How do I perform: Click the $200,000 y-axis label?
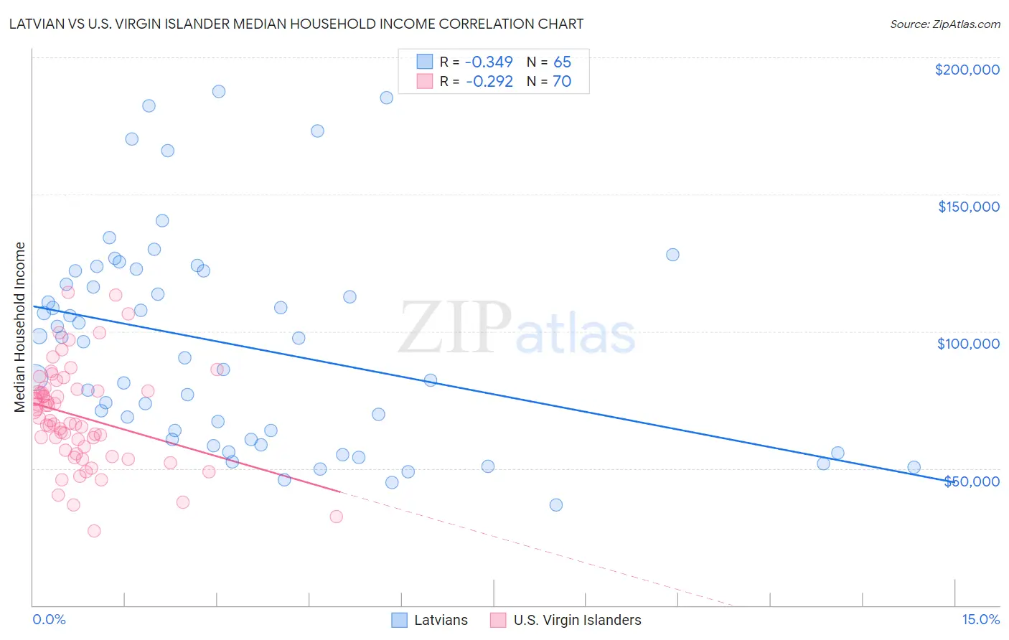pyautogui.click(x=967, y=70)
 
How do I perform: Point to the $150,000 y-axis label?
pyautogui.click(x=968, y=207)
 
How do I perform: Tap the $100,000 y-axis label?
pyautogui.click(x=968, y=344)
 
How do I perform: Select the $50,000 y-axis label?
pyautogui.click(x=971, y=481)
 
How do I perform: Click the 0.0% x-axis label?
pyautogui.click(x=49, y=619)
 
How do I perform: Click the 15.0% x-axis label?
pyautogui.click(x=980, y=619)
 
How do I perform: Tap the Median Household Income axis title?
pyautogui.click(x=20, y=327)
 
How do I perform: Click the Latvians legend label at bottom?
pyautogui.click(x=441, y=620)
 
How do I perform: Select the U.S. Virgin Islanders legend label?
pyautogui.click(x=577, y=620)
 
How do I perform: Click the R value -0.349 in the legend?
pyautogui.click(x=489, y=62)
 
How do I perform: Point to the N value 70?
pyautogui.click(x=562, y=82)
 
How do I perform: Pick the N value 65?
pyautogui.click(x=562, y=62)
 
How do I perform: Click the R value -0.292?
pyautogui.click(x=489, y=82)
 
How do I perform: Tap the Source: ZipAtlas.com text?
pyautogui.click(x=944, y=24)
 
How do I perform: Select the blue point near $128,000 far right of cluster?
pyautogui.click(x=672, y=255)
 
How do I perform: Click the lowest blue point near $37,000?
pyautogui.click(x=556, y=505)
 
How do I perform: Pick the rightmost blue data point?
pyautogui.click(x=914, y=467)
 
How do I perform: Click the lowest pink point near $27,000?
pyautogui.click(x=94, y=531)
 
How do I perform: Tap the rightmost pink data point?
pyautogui.click(x=336, y=517)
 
